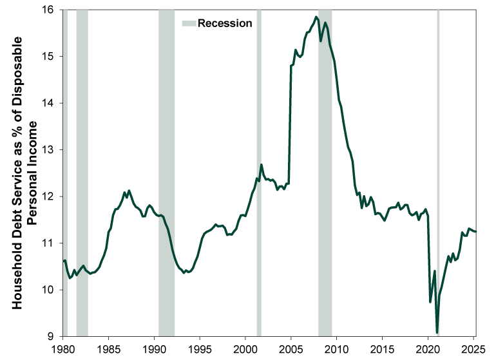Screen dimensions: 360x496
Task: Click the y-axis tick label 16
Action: pyautogui.click(x=49, y=10)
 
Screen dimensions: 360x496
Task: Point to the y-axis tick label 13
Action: pyautogui.click(x=49, y=149)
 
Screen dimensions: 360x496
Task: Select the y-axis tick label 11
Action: pyautogui.click(x=49, y=243)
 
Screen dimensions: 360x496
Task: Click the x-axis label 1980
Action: pyautogui.click(x=62, y=348)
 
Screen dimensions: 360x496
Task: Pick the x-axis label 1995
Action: pyautogui.click(x=200, y=348)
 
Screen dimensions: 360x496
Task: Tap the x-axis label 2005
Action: pyautogui.click(x=291, y=348)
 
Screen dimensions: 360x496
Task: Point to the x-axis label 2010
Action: pyautogui.click(x=337, y=348)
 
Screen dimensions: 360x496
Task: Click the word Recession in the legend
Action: pyautogui.click(x=225, y=23)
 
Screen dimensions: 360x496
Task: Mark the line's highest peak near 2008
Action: pyautogui.click(x=316, y=17)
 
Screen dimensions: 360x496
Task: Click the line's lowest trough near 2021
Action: pyautogui.click(x=437, y=332)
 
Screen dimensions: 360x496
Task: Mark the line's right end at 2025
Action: pyautogui.click(x=475, y=231)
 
